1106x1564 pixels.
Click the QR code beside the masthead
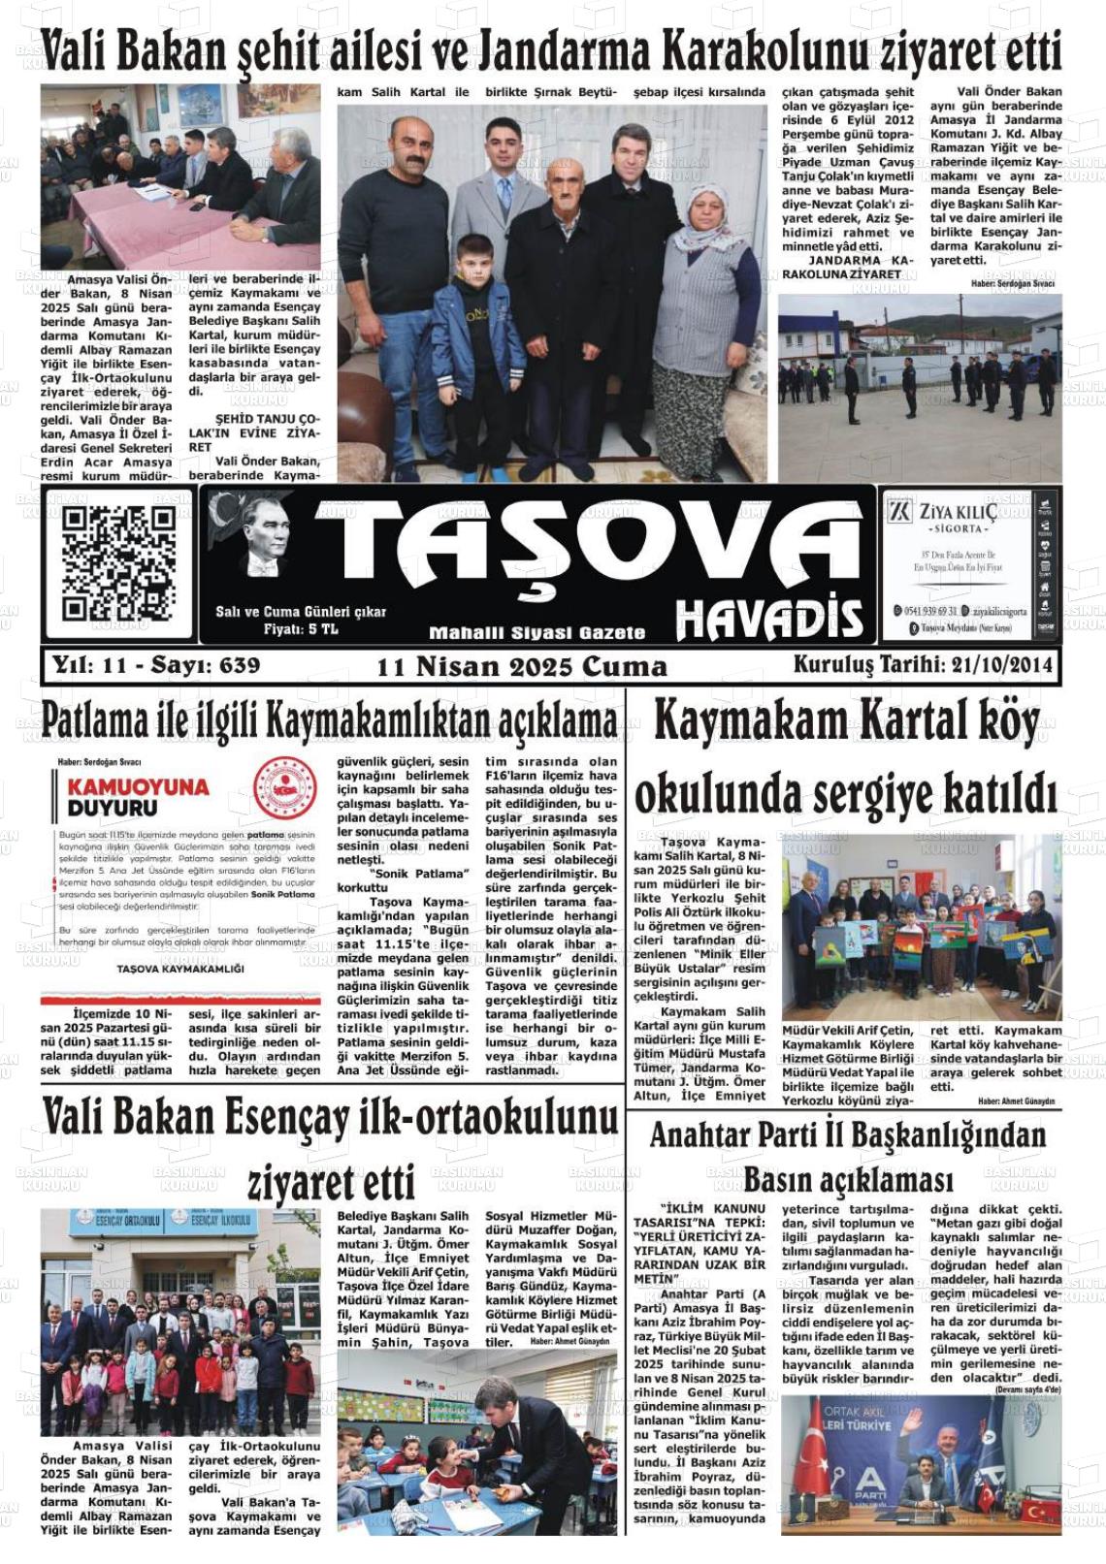point(118,564)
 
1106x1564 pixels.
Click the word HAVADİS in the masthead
point(768,617)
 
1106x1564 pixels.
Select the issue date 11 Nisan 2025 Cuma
point(522,667)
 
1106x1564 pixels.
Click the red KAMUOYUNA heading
point(138,786)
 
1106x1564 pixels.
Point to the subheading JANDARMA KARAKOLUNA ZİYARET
point(846,268)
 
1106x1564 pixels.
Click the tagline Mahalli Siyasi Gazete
point(537,633)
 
